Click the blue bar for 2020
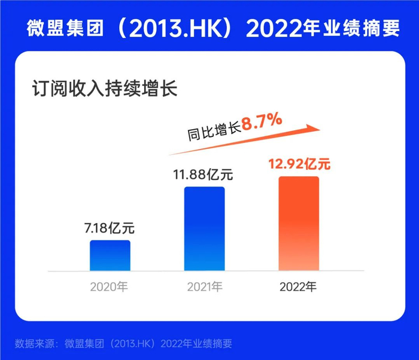(x=110, y=255)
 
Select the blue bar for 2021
(x=204, y=228)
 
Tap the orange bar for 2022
(x=299, y=223)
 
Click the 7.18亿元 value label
(x=110, y=228)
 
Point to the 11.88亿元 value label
(x=204, y=175)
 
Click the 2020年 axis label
(x=110, y=286)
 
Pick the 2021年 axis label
(x=204, y=286)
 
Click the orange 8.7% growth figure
(x=262, y=123)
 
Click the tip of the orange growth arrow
(x=320, y=127)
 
